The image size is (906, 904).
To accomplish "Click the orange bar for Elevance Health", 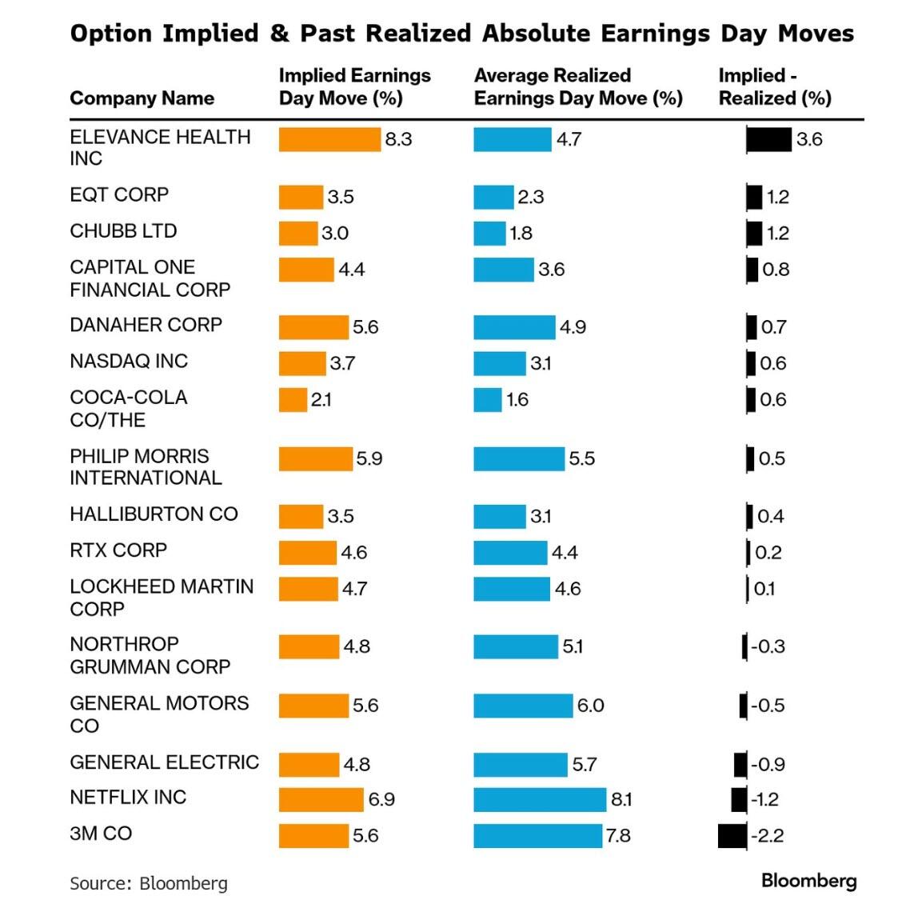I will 329,139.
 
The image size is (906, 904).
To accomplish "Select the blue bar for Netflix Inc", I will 540,799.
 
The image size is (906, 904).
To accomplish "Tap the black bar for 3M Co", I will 732,835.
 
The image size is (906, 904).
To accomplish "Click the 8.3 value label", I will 398,139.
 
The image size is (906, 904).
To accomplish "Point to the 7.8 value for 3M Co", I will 618,835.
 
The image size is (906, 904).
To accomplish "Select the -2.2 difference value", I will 767,835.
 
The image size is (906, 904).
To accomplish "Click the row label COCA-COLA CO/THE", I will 128,408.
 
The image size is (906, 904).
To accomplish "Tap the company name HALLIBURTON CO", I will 154,514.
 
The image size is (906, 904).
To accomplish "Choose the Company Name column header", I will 142,98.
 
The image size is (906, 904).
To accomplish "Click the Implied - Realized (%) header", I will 774,86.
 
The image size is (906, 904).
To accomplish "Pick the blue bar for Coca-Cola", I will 488,399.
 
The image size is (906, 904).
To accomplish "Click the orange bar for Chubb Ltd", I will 298,233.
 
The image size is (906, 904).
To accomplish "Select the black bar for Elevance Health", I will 768,139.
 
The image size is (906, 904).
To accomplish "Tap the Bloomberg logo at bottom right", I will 808,881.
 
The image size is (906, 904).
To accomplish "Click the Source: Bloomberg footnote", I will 149,883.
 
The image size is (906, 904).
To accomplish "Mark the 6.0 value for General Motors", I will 590,706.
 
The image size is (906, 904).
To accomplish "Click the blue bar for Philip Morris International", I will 519,458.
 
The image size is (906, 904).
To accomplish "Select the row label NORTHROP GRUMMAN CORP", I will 150,655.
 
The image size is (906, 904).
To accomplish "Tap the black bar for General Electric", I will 740,764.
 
